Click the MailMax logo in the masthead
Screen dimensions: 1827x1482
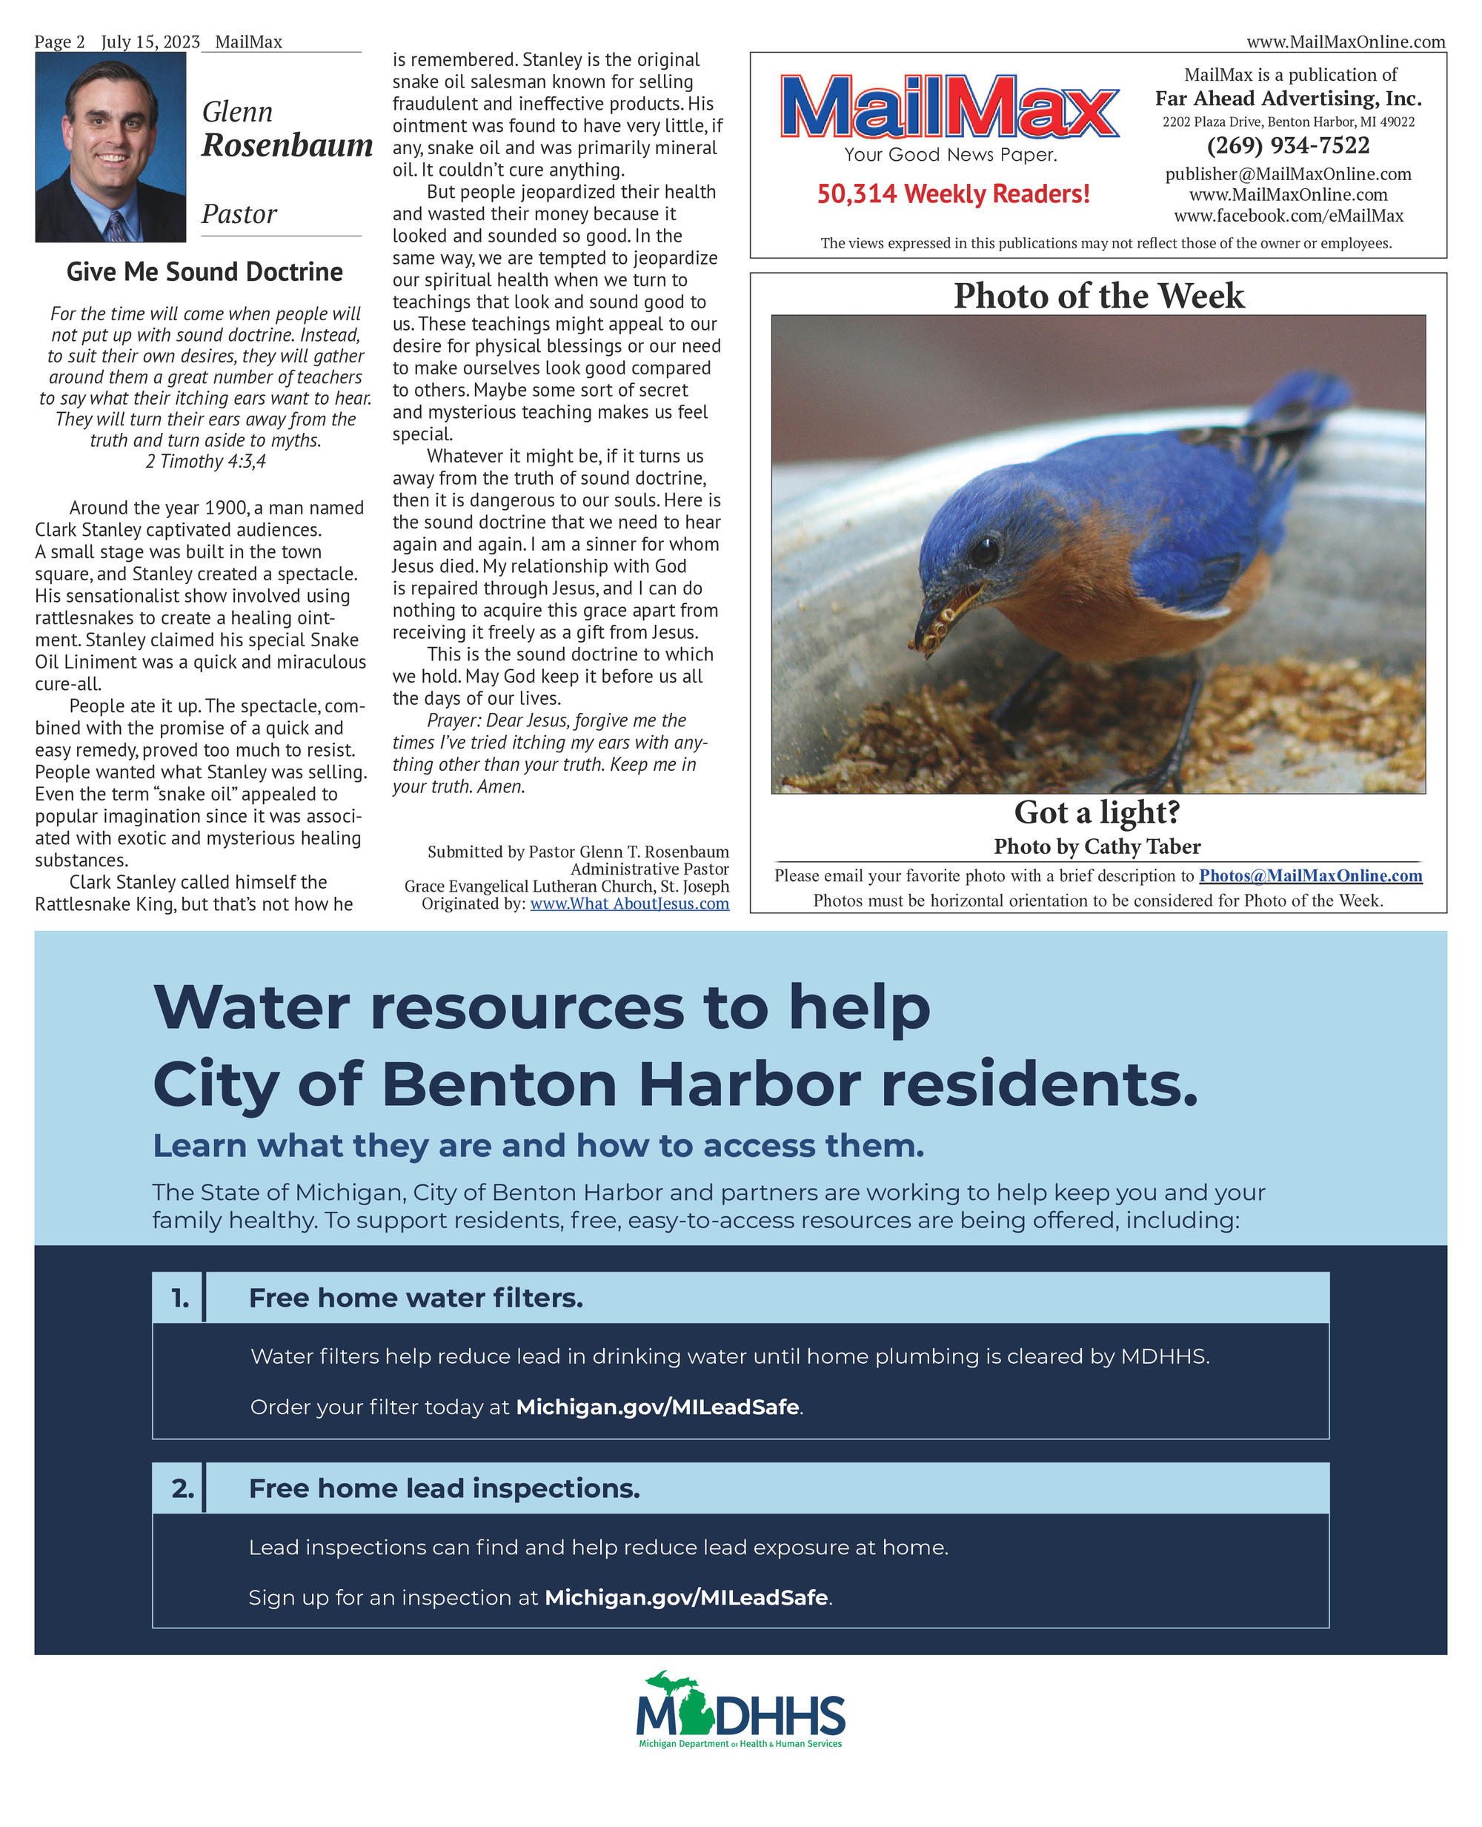point(949,107)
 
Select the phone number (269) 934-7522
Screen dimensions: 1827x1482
point(1287,145)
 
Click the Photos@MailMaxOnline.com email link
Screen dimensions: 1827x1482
point(1310,875)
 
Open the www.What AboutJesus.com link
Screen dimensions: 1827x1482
point(629,903)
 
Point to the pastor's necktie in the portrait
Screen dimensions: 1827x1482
point(116,227)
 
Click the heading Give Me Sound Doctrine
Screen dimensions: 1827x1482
point(205,271)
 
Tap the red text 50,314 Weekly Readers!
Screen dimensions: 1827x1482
point(953,193)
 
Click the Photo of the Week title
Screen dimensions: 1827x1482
point(1099,296)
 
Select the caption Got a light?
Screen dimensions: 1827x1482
point(1097,812)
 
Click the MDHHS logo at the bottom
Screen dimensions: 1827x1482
point(741,1709)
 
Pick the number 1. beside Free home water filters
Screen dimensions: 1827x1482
point(180,1298)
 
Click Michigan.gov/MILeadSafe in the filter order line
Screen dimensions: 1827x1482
point(657,1407)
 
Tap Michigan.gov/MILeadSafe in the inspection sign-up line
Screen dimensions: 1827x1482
point(686,1597)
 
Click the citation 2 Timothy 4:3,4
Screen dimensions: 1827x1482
point(206,461)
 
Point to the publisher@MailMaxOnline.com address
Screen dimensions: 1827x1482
point(1287,174)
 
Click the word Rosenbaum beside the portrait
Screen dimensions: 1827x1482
point(287,145)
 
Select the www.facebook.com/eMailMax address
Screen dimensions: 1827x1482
point(1287,216)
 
